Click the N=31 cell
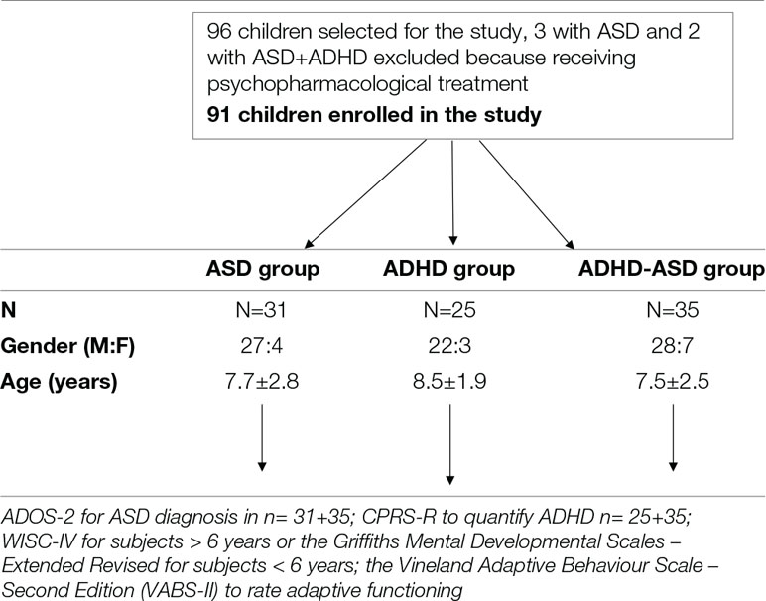click(262, 310)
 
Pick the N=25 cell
click(452, 310)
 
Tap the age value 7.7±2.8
click(262, 384)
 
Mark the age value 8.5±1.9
click(452, 384)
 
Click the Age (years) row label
click(64, 384)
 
